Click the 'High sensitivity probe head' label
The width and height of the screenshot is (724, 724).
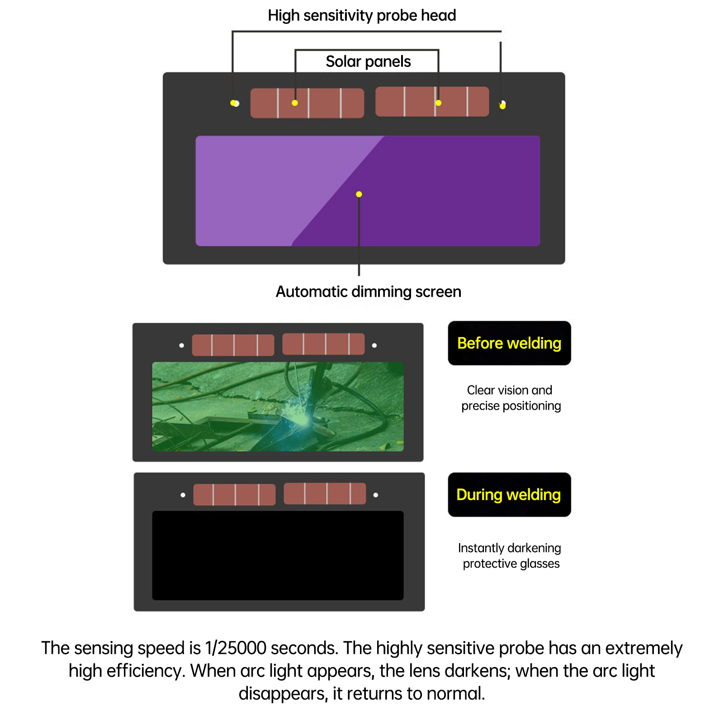[x=362, y=15]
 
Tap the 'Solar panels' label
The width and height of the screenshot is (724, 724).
[x=368, y=62]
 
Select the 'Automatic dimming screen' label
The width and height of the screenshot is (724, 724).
[x=369, y=292]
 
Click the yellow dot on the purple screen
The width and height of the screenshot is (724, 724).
[x=359, y=194]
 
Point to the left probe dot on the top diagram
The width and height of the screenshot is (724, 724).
[x=235, y=103]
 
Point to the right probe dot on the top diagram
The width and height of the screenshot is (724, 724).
[x=502, y=105]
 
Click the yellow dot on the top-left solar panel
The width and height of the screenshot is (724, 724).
[x=295, y=103]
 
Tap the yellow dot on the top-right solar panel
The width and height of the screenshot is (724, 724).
[x=438, y=103]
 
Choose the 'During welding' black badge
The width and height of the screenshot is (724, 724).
[x=509, y=495]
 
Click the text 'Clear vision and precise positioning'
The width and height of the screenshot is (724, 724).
[x=511, y=398]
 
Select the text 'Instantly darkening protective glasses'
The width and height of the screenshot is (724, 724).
[x=510, y=556]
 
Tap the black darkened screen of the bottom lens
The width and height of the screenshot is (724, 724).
[x=278, y=556]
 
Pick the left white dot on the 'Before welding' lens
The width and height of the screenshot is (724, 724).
[x=182, y=345]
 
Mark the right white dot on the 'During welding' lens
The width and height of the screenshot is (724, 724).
[x=376, y=495]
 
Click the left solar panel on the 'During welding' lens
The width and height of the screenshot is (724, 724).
[x=234, y=495]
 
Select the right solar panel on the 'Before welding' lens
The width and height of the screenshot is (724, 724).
[x=323, y=344]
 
